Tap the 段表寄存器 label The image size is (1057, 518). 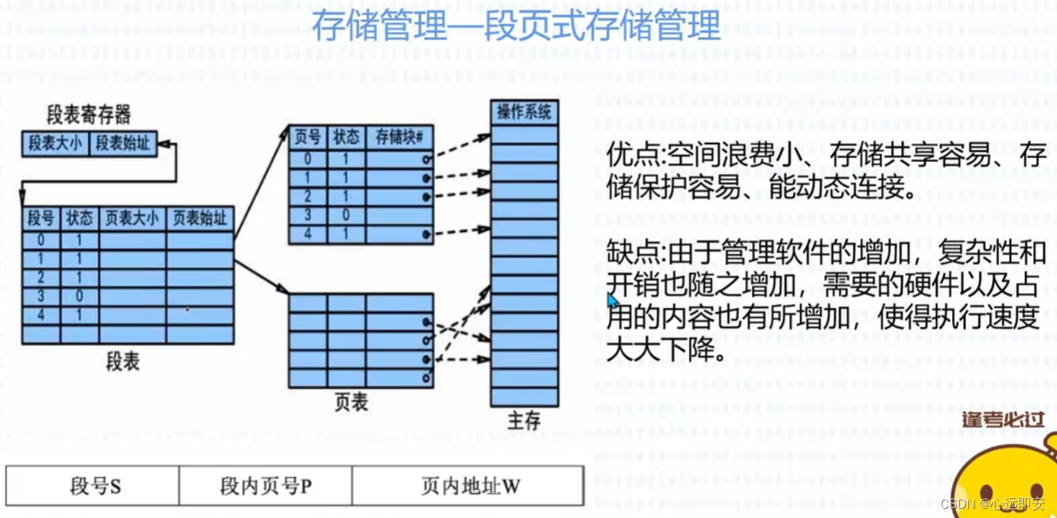89,115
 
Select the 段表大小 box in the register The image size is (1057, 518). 55,143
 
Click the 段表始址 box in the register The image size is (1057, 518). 123,143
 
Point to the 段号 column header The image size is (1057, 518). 41,219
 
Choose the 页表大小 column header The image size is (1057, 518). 132,219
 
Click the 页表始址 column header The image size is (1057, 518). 200,219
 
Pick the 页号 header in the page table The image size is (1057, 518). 307,138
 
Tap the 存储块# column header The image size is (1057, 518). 399,138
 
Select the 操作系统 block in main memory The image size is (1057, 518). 524,112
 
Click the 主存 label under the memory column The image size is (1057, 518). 524,420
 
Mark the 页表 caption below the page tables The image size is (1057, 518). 351,403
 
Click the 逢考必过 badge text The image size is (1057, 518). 1003,419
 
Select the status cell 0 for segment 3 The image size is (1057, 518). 79,296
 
